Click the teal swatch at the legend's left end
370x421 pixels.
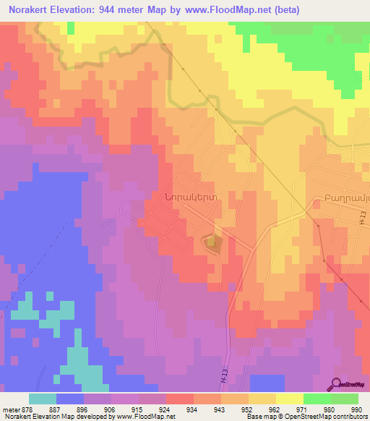pyautogui.click(x=43, y=399)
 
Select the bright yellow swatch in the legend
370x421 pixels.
pyautogui.click(x=289, y=399)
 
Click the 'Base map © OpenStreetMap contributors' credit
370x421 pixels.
pyautogui.click(x=307, y=417)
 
